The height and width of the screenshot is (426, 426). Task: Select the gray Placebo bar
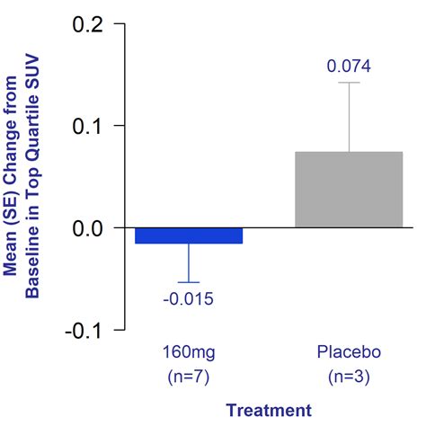tap(349, 189)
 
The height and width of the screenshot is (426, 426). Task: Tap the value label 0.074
tap(349, 67)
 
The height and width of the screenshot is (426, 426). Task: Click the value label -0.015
tap(189, 299)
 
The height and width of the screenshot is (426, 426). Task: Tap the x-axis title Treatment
tap(268, 410)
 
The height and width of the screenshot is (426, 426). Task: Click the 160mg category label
tap(189, 351)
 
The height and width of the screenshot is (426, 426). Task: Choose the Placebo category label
tap(349, 351)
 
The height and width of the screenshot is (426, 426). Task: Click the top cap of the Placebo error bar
tap(349, 83)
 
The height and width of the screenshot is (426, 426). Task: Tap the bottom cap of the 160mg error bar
tap(189, 282)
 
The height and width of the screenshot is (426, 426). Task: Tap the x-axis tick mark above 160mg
tap(189, 334)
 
